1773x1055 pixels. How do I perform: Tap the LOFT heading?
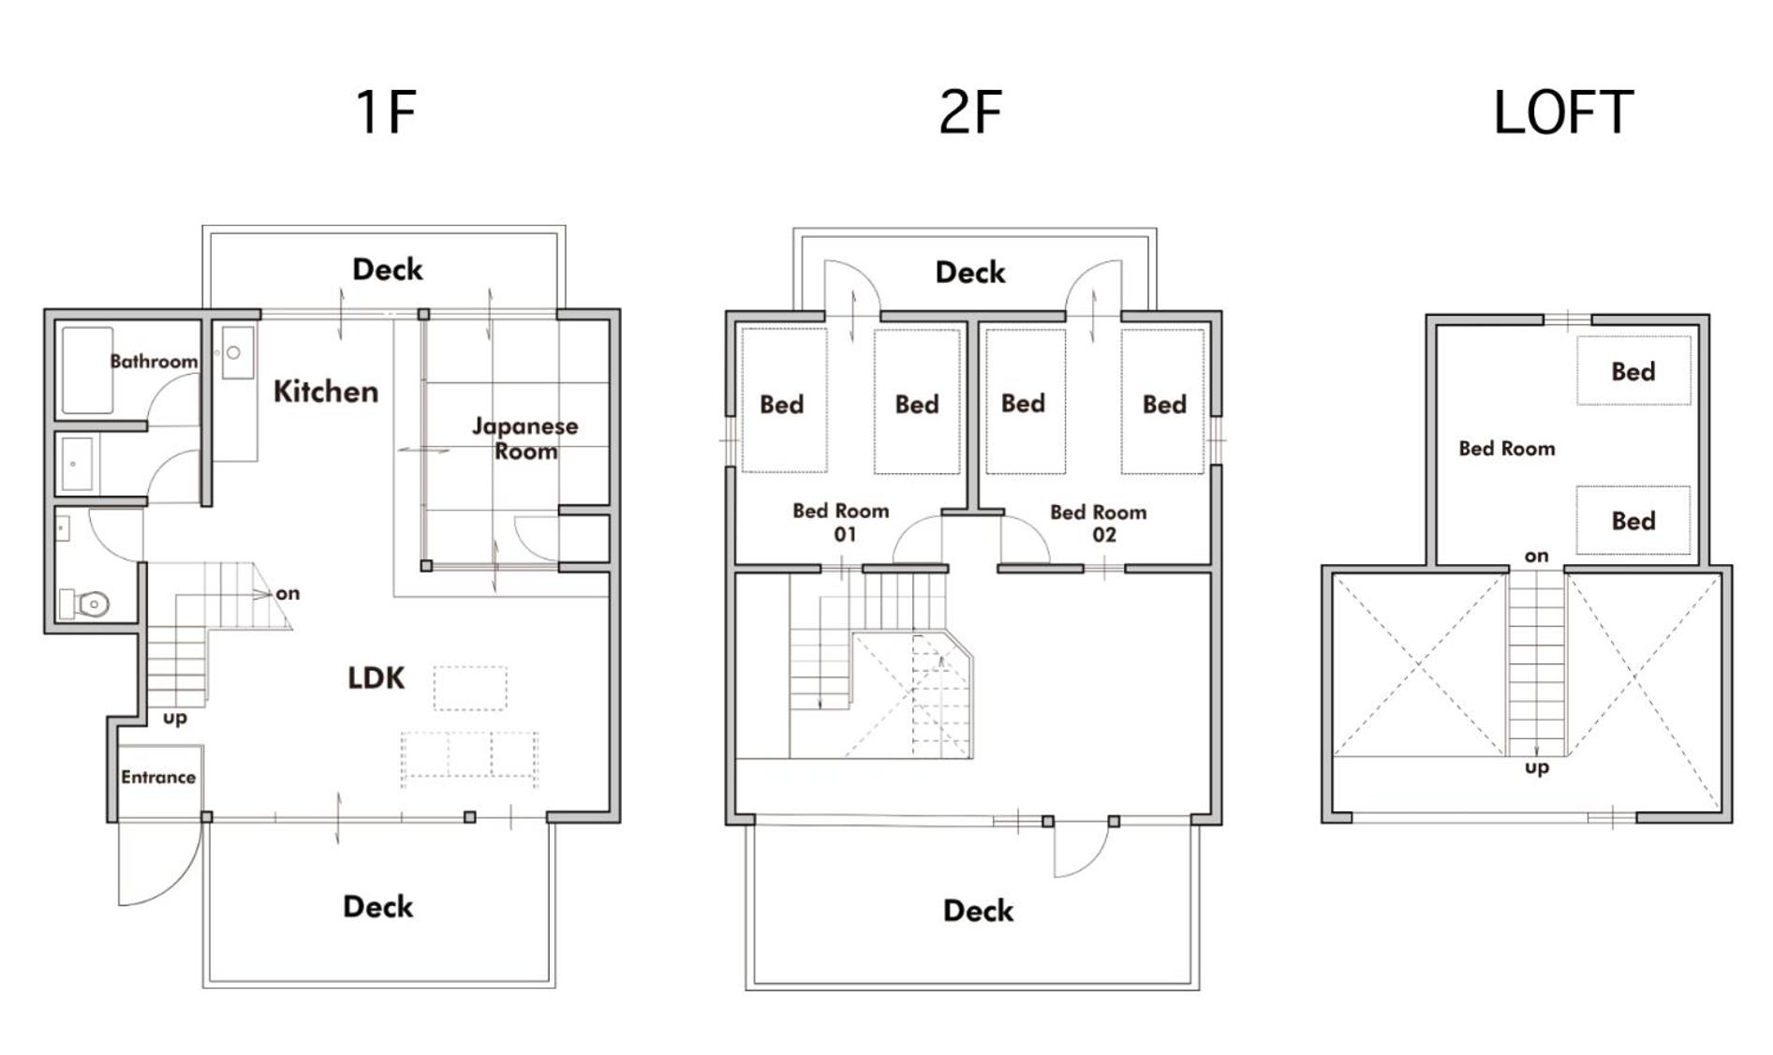click(1563, 112)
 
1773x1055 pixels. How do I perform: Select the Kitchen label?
click(326, 391)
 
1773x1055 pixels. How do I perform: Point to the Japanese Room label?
click(525, 438)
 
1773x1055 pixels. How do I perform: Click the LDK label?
click(376, 677)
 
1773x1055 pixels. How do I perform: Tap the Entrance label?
click(158, 777)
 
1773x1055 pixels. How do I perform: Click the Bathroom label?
click(154, 361)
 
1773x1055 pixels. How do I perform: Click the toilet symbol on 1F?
click(85, 603)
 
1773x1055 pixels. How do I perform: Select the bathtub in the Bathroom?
click(88, 370)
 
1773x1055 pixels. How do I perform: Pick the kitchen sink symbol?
click(238, 352)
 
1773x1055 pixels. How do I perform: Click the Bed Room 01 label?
click(841, 522)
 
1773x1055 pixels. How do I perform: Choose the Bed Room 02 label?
click(1099, 523)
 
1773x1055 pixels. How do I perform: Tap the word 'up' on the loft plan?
click(1537, 768)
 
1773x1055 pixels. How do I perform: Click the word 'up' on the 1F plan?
click(175, 719)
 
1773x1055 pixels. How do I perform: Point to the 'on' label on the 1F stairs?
click(288, 593)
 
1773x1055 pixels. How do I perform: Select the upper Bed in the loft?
click(1633, 371)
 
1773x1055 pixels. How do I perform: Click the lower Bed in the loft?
click(1633, 521)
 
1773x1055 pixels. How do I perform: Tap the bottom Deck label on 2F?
click(978, 910)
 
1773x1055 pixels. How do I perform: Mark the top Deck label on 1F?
click(388, 269)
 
